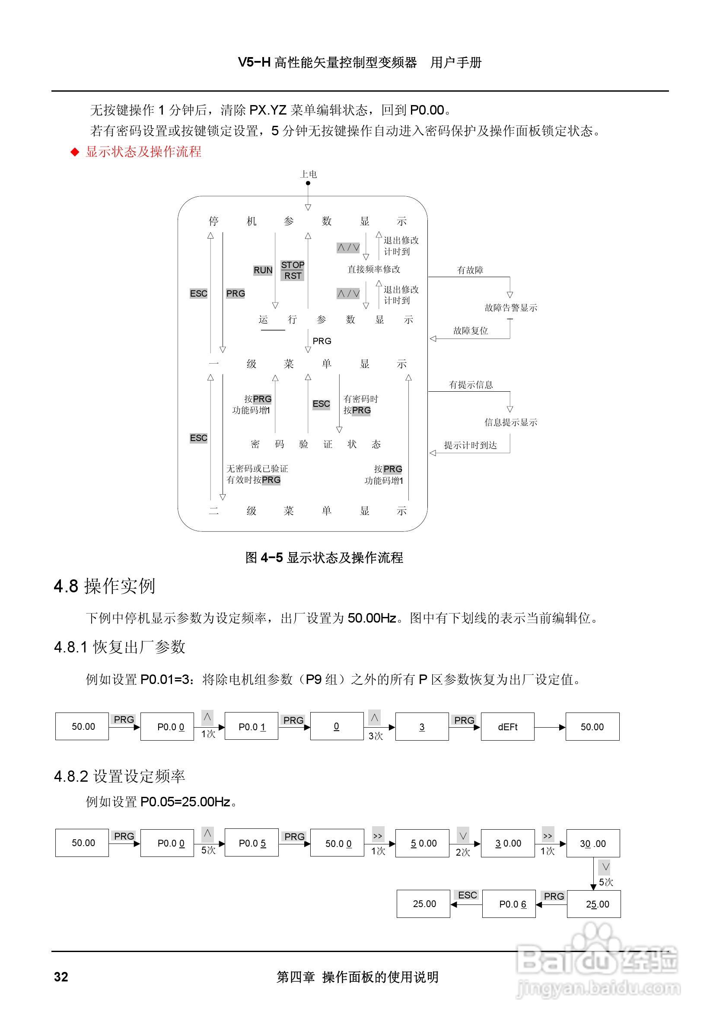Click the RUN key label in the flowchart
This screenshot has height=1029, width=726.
point(263,270)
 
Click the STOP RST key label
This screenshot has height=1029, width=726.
point(293,270)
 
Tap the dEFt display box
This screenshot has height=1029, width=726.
point(507,726)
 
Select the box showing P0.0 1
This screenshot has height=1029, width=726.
point(251,726)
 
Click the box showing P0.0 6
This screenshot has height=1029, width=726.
point(509,904)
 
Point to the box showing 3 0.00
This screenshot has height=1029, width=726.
point(507,843)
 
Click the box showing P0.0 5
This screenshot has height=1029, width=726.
point(251,843)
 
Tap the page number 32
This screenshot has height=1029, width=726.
point(61,977)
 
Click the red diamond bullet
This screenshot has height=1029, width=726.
point(75,152)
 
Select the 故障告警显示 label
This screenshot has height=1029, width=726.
point(510,308)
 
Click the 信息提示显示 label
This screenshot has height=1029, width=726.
point(510,422)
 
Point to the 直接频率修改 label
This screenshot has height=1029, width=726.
point(373,269)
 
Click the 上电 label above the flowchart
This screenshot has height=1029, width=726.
point(308,174)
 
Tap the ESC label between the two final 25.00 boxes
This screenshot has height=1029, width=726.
point(467,895)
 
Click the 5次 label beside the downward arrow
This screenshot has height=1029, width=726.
point(606,882)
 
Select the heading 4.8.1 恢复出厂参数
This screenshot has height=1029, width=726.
point(119,647)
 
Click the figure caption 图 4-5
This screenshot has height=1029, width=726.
point(324,558)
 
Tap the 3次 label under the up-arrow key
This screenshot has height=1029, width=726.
point(376,735)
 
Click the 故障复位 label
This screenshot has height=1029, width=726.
point(470,331)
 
